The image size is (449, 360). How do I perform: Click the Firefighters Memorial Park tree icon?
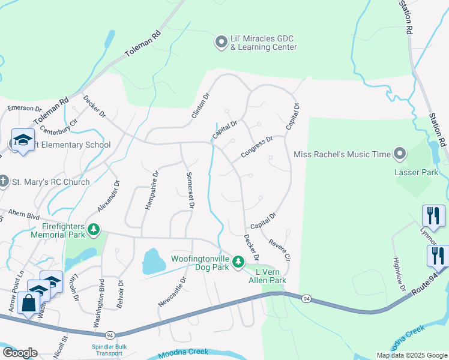coord(93,229)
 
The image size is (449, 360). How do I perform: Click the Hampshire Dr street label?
coord(150,191)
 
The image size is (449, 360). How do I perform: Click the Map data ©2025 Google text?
coord(411,355)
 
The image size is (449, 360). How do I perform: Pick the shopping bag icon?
coord(28,303)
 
